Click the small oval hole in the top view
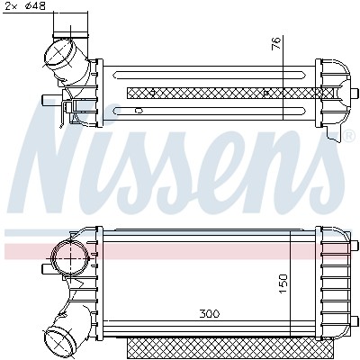click(x=138, y=110)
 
